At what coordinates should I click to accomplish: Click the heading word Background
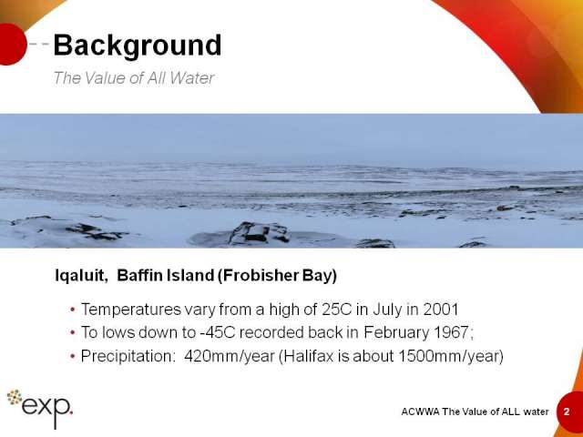click(138, 46)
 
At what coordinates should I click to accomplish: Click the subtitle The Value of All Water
click(134, 78)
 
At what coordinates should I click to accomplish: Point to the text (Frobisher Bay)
click(277, 276)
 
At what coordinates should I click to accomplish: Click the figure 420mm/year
click(230, 356)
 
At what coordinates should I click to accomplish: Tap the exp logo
click(40, 408)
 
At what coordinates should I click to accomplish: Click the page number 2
click(567, 412)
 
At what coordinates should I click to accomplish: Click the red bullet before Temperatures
click(73, 310)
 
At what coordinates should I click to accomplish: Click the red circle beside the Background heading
click(11, 45)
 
